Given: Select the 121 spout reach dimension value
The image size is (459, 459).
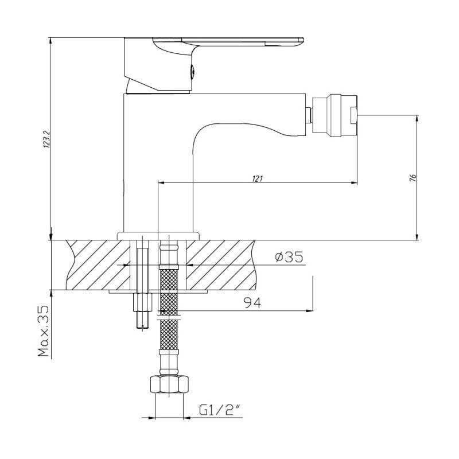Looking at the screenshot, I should (x=257, y=178).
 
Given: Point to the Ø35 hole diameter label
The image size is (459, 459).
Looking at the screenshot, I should (x=288, y=258).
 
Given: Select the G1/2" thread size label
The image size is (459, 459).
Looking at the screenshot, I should (x=219, y=410).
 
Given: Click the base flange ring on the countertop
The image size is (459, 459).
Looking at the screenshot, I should (x=158, y=235).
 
